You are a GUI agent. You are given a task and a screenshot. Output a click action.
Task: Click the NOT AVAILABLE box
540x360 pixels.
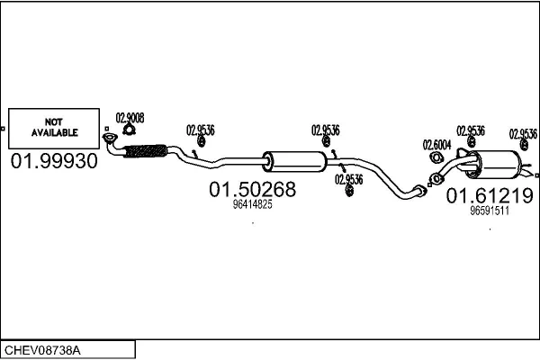(x=55, y=128)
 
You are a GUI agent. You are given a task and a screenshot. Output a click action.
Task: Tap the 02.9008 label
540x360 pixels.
(x=130, y=117)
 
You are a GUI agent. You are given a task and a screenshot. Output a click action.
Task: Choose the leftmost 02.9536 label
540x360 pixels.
(x=200, y=129)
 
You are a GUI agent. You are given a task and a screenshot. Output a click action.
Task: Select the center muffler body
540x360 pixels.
(x=294, y=162)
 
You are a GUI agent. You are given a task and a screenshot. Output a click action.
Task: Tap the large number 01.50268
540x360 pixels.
(x=252, y=190)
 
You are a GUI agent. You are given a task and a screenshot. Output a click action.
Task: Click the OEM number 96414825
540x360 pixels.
(x=252, y=205)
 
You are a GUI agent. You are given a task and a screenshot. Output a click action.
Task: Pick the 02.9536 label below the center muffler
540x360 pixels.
(x=349, y=178)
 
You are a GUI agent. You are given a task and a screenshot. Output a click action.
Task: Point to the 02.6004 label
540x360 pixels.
(x=437, y=144)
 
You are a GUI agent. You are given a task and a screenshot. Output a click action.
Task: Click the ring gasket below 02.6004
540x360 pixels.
(x=436, y=157)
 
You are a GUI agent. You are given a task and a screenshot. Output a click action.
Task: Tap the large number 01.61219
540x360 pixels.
(x=490, y=195)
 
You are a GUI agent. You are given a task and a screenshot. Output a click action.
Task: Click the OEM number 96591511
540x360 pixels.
(x=490, y=211)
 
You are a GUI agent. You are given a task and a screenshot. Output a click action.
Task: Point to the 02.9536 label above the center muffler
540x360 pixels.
(x=325, y=129)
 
